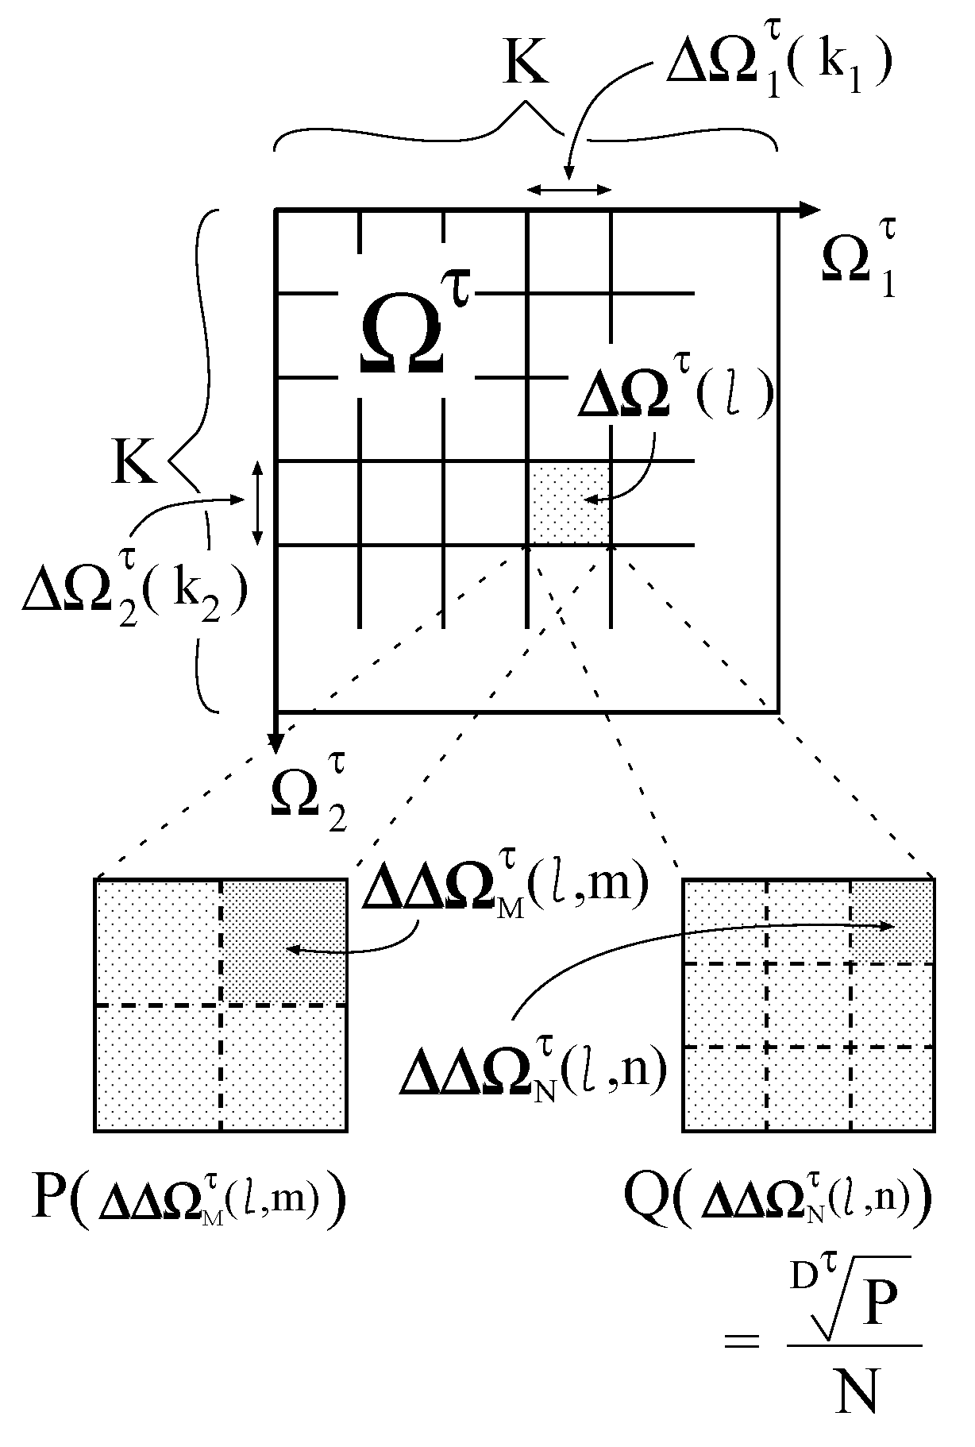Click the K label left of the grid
pyautogui.click(x=133, y=463)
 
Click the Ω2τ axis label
pyautogui.click(x=310, y=795)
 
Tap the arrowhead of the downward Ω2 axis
pyautogui.click(x=275, y=743)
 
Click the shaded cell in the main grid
pyautogui.click(x=569, y=503)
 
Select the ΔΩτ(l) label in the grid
pyautogui.click(x=675, y=394)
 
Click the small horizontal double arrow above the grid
pyautogui.click(x=569, y=189)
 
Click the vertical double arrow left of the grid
pyautogui.click(x=256, y=503)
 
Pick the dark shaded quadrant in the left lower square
pyautogui.click(x=283, y=942)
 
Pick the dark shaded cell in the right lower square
pyautogui.click(x=891, y=921)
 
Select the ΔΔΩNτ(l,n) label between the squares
pyautogui.click(x=532, y=1072)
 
